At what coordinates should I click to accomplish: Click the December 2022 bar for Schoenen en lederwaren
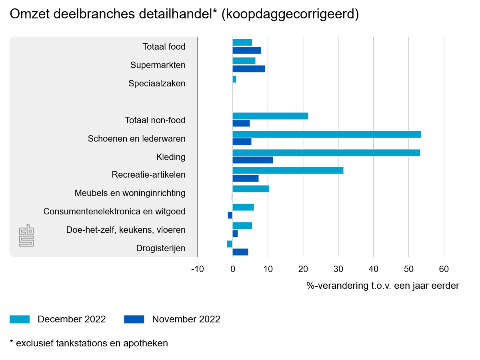click(326, 134)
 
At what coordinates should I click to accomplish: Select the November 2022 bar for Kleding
click(252, 160)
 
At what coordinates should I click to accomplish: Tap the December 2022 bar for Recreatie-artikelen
click(288, 170)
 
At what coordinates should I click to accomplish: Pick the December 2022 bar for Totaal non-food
click(270, 116)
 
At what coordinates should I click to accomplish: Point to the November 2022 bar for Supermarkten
click(248, 69)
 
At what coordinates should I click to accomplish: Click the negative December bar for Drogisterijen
click(230, 244)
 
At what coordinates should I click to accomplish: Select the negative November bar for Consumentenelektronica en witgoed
click(230, 215)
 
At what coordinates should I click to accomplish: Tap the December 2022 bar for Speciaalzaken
click(234, 79)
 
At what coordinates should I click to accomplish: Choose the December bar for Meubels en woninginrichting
click(250, 189)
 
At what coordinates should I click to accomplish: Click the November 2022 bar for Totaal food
click(246, 50)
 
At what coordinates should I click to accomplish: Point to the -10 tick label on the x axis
click(197, 269)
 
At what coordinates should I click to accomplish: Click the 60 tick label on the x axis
click(444, 269)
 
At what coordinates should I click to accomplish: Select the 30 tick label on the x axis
click(338, 269)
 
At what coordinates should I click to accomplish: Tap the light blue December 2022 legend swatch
click(20, 319)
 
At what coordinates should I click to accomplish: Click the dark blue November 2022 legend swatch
click(134, 319)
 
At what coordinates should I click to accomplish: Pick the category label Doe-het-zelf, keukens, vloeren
click(126, 230)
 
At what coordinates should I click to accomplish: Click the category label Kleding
click(171, 157)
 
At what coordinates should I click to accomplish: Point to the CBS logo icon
click(26, 236)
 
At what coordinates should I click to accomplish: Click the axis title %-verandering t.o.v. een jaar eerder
click(383, 286)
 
